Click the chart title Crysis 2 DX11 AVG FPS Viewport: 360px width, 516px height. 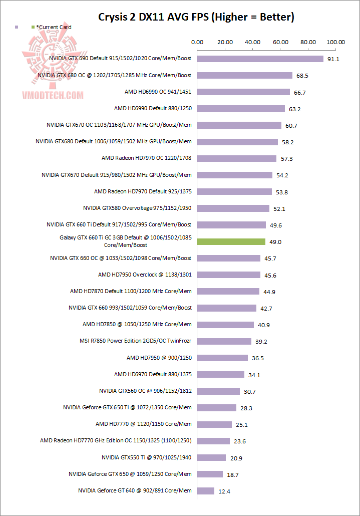coord(196,17)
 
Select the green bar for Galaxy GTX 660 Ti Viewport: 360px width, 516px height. coord(231,241)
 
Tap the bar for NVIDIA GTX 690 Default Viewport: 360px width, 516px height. coord(260,59)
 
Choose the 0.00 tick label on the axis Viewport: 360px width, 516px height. coord(197,42)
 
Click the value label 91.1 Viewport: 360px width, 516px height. coord(333,59)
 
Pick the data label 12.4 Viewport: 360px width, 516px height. coord(225,491)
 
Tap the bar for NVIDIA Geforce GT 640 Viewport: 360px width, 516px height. coord(206,490)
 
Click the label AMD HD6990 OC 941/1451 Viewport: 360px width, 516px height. coord(158,92)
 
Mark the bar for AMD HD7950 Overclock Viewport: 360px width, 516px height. coord(229,275)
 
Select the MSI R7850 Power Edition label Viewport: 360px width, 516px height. coord(136,341)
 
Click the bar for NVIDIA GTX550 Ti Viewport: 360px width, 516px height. coord(211,457)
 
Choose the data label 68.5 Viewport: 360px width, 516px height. coord(302,76)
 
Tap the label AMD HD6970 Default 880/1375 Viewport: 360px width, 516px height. coord(153,374)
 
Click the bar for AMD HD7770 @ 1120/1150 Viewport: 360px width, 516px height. coord(214,424)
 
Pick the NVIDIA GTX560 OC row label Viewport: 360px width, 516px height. coord(145,391)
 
